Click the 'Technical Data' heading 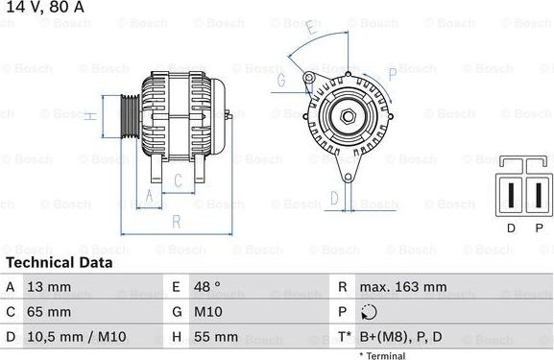point(60,262)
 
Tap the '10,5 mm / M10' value point(76,337)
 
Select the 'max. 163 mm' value point(403,287)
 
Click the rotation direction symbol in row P point(371,312)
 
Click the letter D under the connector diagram point(510,228)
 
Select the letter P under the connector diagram point(539,228)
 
